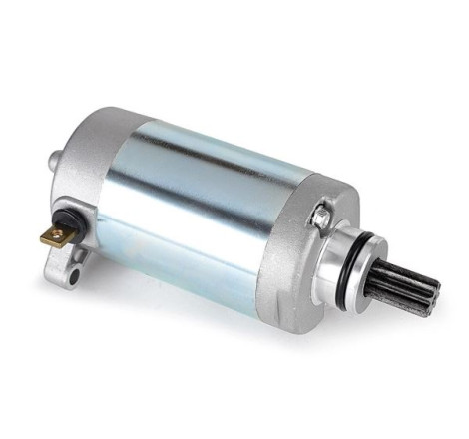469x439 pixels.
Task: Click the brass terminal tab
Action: pyautogui.click(x=57, y=236)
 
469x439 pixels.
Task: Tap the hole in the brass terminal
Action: pyautogui.click(x=55, y=236)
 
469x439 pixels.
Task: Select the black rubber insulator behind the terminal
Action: pyautogui.click(x=77, y=225)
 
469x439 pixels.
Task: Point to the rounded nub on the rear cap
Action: pyautogui.click(x=50, y=159)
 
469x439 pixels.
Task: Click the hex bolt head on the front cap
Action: pyautogui.click(x=321, y=213)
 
